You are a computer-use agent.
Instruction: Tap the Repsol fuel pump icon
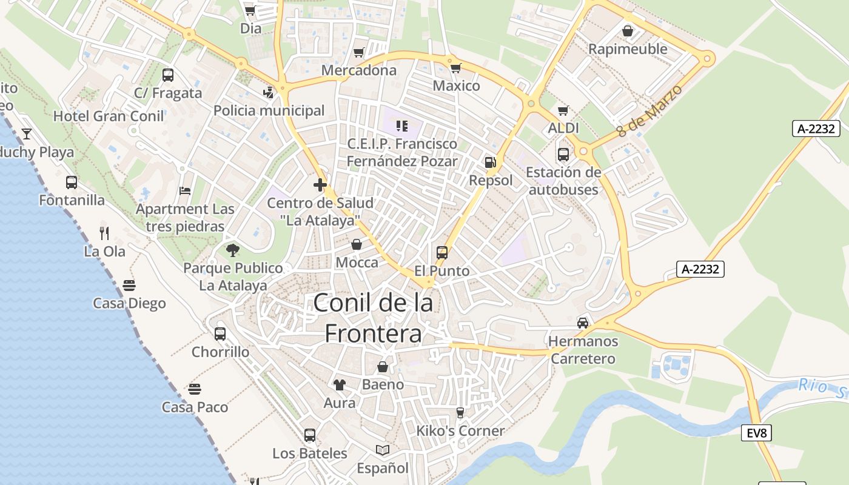pyautogui.click(x=490, y=162)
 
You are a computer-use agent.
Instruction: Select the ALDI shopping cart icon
pyautogui.click(x=563, y=111)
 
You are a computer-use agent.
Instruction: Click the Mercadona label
pyautogui.click(x=359, y=70)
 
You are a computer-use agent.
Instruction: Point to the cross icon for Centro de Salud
pyautogui.click(x=320, y=185)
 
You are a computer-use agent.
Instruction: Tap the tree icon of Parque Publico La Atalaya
pyautogui.click(x=232, y=250)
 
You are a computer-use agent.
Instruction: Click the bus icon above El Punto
pyautogui.click(x=442, y=253)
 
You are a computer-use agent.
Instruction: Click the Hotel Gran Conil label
pyautogui.click(x=109, y=116)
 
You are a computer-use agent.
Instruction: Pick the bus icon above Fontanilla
pyautogui.click(x=72, y=182)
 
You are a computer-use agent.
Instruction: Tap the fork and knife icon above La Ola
pyautogui.click(x=104, y=233)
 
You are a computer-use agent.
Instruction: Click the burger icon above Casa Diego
pyautogui.click(x=129, y=285)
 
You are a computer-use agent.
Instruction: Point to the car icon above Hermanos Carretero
pyautogui.click(x=583, y=323)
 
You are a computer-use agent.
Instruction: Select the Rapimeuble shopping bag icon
pyautogui.click(x=628, y=30)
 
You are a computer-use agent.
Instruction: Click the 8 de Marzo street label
pyautogui.click(x=649, y=110)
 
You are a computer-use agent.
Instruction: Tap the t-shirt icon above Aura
pyautogui.click(x=340, y=384)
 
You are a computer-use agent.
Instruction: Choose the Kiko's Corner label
pyautogui.click(x=460, y=431)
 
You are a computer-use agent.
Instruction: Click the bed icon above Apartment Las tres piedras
pyautogui.click(x=185, y=191)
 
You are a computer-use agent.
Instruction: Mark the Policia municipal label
pyautogui.click(x=269, y=111)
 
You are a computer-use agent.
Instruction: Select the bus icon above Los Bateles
pyautogui.click(x=310, y=435)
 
